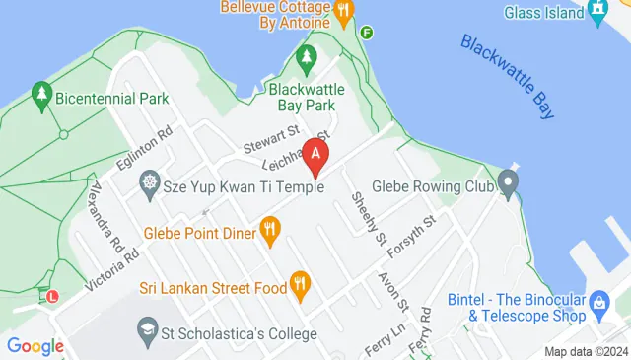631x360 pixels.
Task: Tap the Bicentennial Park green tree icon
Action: [x=41, y=96]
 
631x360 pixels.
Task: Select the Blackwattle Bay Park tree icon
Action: [x=306, y=59]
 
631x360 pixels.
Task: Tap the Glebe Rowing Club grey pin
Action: [x=508, y=182]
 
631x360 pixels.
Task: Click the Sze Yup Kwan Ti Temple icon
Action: [x=150, y=182]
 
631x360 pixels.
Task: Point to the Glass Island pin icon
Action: [x=597, y=12]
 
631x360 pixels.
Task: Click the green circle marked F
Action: [x=368, y=33]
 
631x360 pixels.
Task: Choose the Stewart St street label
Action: [x=271, y=131]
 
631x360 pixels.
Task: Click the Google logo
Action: [x=35, y=345]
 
